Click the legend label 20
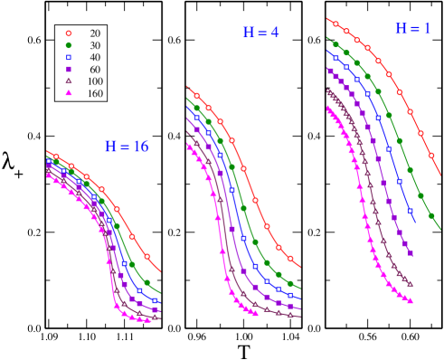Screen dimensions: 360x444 point(95,33)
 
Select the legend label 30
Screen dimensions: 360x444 point(95,45)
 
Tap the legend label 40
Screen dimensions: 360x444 point(95,58)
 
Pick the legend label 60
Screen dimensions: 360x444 point(95,70)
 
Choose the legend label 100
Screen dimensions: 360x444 point(95,81)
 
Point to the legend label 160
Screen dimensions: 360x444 point(95,94)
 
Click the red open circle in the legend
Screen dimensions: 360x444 point(68,33)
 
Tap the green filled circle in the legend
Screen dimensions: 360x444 point(68,45)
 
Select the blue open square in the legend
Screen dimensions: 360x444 point(68,57)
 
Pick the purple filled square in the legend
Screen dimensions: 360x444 point(68,69)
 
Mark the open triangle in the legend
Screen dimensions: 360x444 point(68,81)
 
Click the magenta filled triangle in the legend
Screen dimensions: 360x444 point(68,93)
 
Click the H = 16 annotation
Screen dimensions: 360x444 point(127,147)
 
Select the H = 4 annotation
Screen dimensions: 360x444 point(260,33)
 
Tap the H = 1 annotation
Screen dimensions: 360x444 point(412,29)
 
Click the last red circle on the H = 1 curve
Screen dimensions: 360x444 point(431,155)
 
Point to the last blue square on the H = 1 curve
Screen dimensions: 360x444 point(411,211)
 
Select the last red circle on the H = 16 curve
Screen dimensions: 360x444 point(146,256)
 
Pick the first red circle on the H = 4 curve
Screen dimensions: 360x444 point(196,95)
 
